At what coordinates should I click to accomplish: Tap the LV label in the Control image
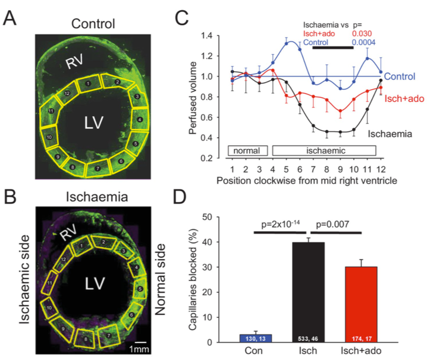(93, 122)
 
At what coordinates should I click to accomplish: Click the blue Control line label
(403, 77)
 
